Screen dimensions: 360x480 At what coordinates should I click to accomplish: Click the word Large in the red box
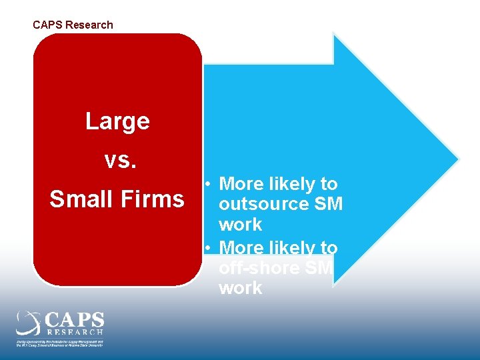click(x=117, y=121)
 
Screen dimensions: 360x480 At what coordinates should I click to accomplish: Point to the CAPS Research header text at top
click(x=73, y=25)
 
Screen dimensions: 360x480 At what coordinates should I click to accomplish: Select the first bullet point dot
click(x=209, y=183)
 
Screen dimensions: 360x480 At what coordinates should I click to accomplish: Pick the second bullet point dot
click(x=209, y=247)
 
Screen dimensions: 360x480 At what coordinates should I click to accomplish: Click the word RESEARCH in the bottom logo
click(x=75, y=331)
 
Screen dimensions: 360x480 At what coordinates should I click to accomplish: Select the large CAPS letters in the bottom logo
click(x=75, y=319)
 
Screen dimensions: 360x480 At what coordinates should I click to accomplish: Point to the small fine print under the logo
click(x=60, y=343)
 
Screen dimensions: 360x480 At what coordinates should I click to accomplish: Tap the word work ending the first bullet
click(x=240, y=225)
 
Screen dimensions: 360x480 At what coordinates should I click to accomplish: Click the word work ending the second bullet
click(x=240, y=289)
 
